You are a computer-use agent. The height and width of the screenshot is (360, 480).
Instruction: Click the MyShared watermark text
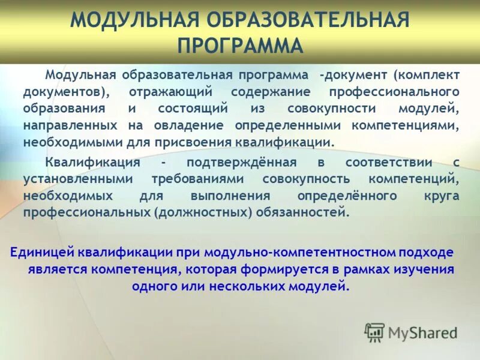(x=422, y=332)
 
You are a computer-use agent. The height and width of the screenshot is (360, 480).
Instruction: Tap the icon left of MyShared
(x=374, y=332)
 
